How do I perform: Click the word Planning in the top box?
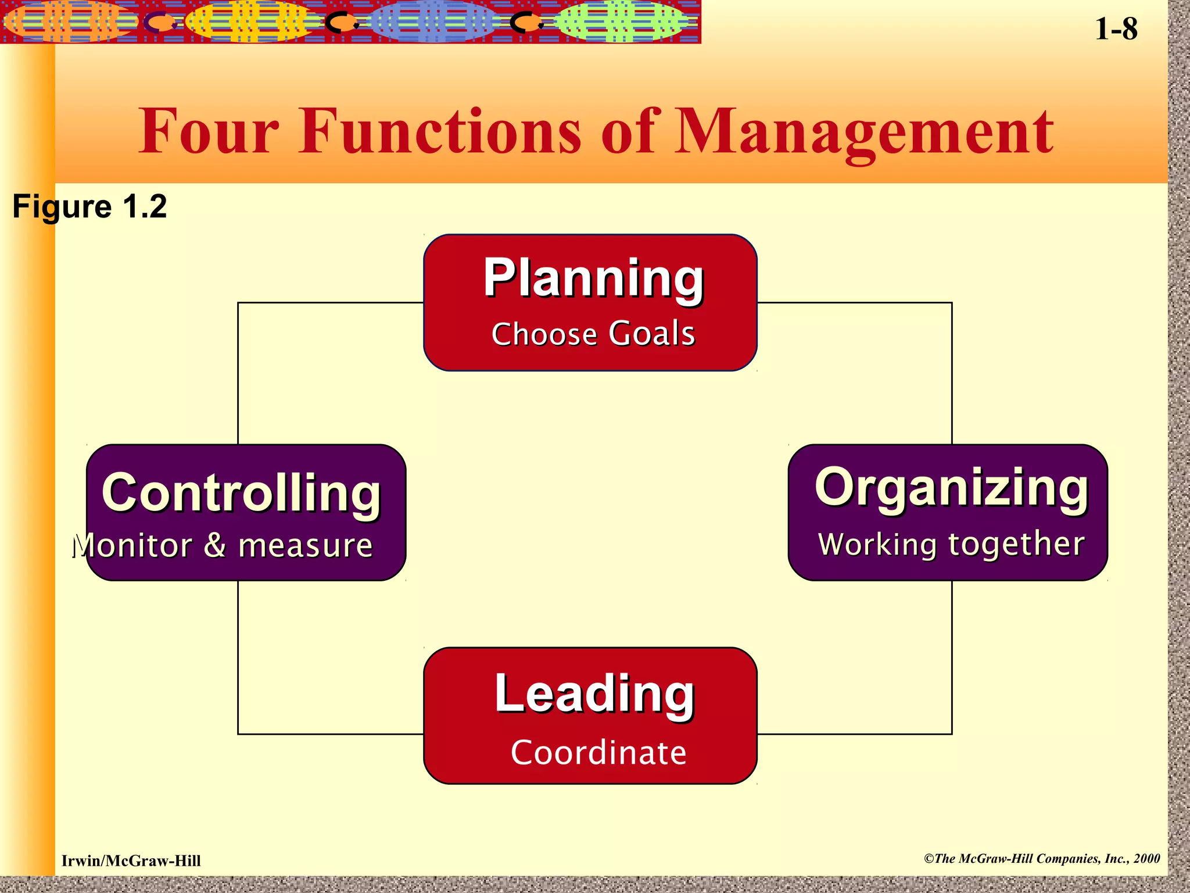593,279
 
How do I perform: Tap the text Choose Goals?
593,334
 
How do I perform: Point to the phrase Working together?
951,544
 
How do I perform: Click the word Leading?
594,694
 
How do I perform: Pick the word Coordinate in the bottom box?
598,752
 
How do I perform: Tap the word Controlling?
241,493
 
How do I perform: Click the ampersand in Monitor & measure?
215,545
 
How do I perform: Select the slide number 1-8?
1116,29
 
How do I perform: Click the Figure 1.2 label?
89,206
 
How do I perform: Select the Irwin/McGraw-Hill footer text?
131,861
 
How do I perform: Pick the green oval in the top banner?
621,22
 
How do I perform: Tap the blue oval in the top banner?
433,22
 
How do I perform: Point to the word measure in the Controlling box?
305,545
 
